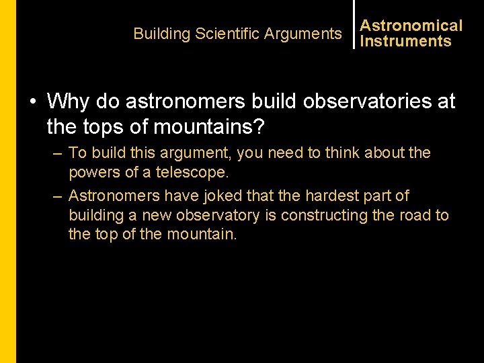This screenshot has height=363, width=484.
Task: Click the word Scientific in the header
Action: pyautogui.click(x=227, y=34)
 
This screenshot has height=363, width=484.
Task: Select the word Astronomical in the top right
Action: pyautogui.click(x=411, y=26)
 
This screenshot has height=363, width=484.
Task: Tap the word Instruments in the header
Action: pyautogui.click(x=405, y=41)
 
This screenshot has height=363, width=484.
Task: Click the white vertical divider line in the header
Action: pyautogui.click(x=354, y=24)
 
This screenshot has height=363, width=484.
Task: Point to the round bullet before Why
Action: pyautogui.click(x=32, y=102)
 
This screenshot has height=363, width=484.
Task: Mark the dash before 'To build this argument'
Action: pyautogui.click(x=57, y=153)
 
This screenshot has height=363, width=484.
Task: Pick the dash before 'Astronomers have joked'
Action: pyautogui.click(x=57, y=196)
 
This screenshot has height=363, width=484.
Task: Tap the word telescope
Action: pyautogui.click(x=191, y=172)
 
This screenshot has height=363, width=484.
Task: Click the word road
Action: pyautogui.click(x=418, y=215)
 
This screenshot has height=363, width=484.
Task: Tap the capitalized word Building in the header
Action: pyautogui.click(x=162, y=34)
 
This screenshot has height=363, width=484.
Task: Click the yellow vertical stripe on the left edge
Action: pyautogui.click(x=7, y=182)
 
